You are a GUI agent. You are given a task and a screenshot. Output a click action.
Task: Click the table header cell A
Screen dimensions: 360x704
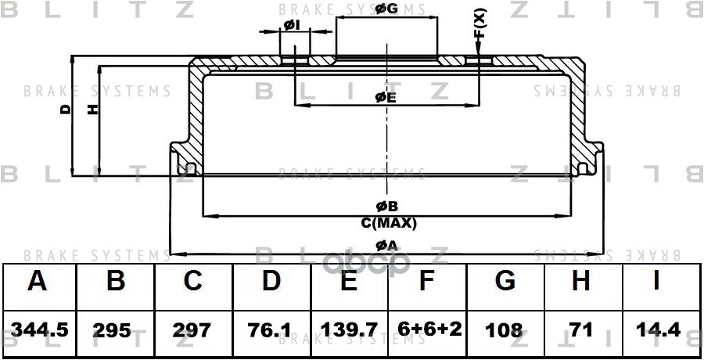(37, 282)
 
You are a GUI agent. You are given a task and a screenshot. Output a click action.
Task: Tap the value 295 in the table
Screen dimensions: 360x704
(115, 329)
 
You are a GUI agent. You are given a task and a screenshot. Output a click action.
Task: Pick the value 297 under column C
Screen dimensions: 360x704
(192, 329)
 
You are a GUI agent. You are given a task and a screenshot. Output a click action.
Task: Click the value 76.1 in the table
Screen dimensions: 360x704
(271, 329)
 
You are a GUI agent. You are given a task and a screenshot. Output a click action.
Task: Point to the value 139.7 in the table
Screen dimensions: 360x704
(349, 329)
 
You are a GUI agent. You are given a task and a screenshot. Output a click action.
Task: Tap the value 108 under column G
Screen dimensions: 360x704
(505, 329)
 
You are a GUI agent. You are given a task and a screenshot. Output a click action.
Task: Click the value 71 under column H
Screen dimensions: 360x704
(581, 329)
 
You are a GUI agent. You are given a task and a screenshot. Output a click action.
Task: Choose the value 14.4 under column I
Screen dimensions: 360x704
(658, 329)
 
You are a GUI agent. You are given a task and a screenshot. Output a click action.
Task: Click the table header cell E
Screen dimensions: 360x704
(349, 282)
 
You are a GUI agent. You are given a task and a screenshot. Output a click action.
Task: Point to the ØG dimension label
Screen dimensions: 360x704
(386, 9)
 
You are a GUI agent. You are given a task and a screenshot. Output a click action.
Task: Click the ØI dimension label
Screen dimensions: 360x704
(292, 26)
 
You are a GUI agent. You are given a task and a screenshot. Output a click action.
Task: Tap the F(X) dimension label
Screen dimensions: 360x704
(480, 23)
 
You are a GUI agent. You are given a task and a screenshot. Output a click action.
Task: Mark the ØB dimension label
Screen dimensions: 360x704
(387, 207)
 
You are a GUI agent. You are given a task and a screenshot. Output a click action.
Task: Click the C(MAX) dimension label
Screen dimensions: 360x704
(389, 223)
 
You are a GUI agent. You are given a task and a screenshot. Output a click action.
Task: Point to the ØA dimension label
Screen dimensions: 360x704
(387, 246)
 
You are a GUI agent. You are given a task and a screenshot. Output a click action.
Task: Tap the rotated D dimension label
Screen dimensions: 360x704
(65, 110)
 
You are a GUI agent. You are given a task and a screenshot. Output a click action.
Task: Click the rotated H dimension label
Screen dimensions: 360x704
(92, 110)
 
